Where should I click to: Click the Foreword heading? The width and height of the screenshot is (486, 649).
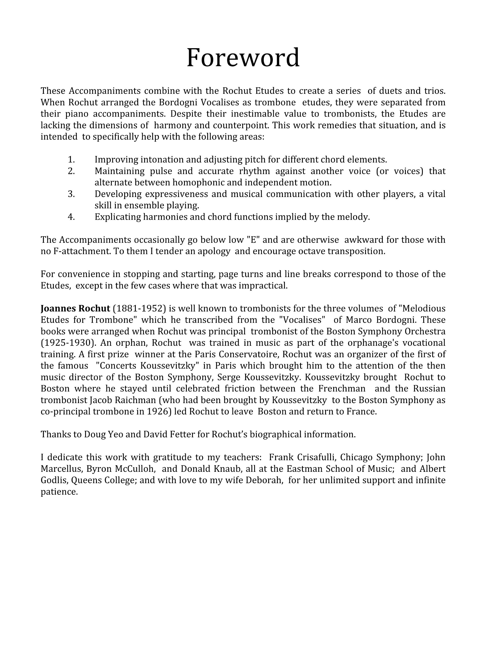click(243, 58)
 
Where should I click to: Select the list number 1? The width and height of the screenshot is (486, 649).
click(71, 160)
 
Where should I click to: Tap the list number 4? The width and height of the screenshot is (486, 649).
click(71, 217)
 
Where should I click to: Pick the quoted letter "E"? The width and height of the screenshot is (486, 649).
click(254, 240)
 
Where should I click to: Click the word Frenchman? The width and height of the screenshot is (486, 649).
click(342, 388)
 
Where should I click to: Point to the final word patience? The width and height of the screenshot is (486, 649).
click(59, 492)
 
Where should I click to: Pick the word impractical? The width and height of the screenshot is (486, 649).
click(263, 285)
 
